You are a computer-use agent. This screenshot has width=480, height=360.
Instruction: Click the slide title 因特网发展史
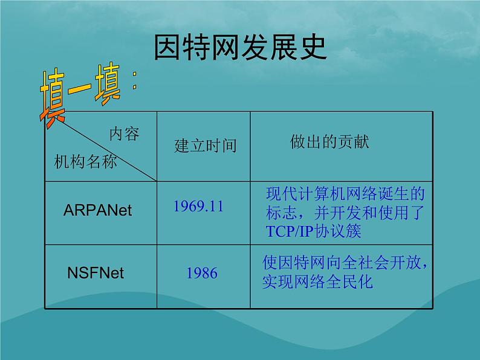coord(241,48)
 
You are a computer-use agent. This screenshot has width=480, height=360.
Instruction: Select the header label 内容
coord(123,134)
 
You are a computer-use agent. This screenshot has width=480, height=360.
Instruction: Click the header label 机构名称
coord(85,161)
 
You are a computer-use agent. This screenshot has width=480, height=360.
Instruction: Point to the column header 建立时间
coord(205,146)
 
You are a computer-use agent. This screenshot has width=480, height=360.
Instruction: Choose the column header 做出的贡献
coord(329,142)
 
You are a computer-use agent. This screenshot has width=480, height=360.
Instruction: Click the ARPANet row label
coord(97,210)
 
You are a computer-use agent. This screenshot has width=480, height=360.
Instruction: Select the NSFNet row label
coord(95,273)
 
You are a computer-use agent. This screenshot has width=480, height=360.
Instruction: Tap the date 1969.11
coord(198,206)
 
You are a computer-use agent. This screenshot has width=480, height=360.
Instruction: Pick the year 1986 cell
coord(201,273)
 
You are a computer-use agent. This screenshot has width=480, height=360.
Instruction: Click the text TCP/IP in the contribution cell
coord(288,232)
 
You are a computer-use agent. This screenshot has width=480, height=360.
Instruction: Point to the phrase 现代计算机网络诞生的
coord(346,194)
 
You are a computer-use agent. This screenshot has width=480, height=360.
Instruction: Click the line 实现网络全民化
coord(317,282)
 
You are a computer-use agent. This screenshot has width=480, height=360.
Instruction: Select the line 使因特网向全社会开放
coord(342,263)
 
